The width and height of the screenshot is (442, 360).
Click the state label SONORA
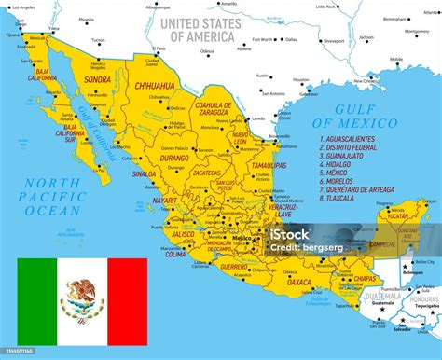(97, 80)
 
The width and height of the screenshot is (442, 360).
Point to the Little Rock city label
(352, 7)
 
